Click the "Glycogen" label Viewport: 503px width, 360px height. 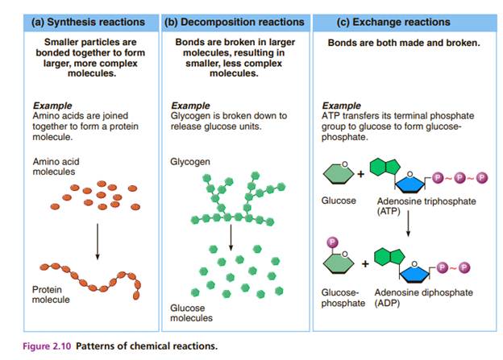pyautogui.click(x=190, y=162)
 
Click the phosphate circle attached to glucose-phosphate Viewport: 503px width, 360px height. pyautogui.click(x=330, y=242)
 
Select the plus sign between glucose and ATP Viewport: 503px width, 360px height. pyautogui.click(x=360, y=174)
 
